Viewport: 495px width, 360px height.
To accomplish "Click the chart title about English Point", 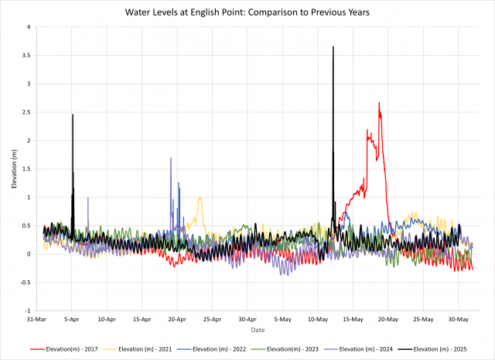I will click(x=247, y=13).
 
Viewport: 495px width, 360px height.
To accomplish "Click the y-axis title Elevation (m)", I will click(x=13, y=169).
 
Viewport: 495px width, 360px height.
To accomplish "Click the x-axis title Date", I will click(x=258, y=329).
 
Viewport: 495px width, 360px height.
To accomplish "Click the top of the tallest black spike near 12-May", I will click(x=333, y=47).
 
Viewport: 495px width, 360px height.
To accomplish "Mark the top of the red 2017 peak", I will click(x=379, y=102).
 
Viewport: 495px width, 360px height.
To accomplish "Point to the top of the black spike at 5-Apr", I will click(x=73, y=115).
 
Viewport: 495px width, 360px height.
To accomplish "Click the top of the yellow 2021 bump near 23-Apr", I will click(x=200, y=197).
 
